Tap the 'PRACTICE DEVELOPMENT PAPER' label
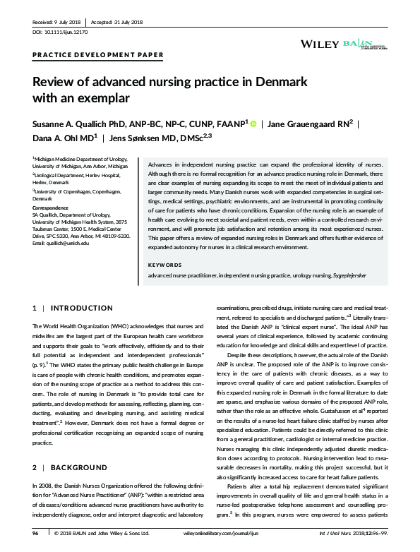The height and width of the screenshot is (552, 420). (x=98, y=54)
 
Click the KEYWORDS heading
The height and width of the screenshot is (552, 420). (x=165, y=265)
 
